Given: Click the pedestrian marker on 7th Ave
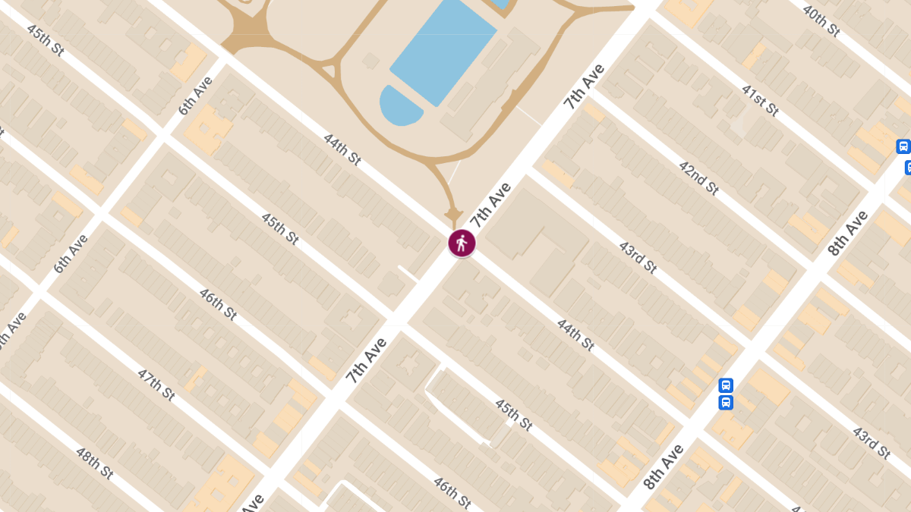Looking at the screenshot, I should coord(462,243).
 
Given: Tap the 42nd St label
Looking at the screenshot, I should coord(698,177).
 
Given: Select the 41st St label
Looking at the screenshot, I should coord(761,99).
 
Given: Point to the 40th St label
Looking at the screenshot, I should coord(821,20).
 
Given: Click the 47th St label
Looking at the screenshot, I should coord(156,385).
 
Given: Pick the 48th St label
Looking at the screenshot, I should coord(94,463).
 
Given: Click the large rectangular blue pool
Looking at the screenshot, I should coord(444,51).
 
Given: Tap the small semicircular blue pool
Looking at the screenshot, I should coord(399,106).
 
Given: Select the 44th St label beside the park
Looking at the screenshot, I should coord(342,149).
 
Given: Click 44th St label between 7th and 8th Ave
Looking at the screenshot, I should coord(575,335).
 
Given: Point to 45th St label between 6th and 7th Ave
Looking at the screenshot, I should coord(279,228).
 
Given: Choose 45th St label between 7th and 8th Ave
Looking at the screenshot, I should coord(513,414).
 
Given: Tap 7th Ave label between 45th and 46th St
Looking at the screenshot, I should coord(367,360).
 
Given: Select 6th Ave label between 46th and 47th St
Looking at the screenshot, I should coord(71,253).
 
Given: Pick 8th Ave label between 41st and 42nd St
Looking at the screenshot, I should coord(848,233).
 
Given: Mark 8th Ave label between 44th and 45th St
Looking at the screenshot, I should coord(663,466).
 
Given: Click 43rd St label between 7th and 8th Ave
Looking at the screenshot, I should coord(637,257).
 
